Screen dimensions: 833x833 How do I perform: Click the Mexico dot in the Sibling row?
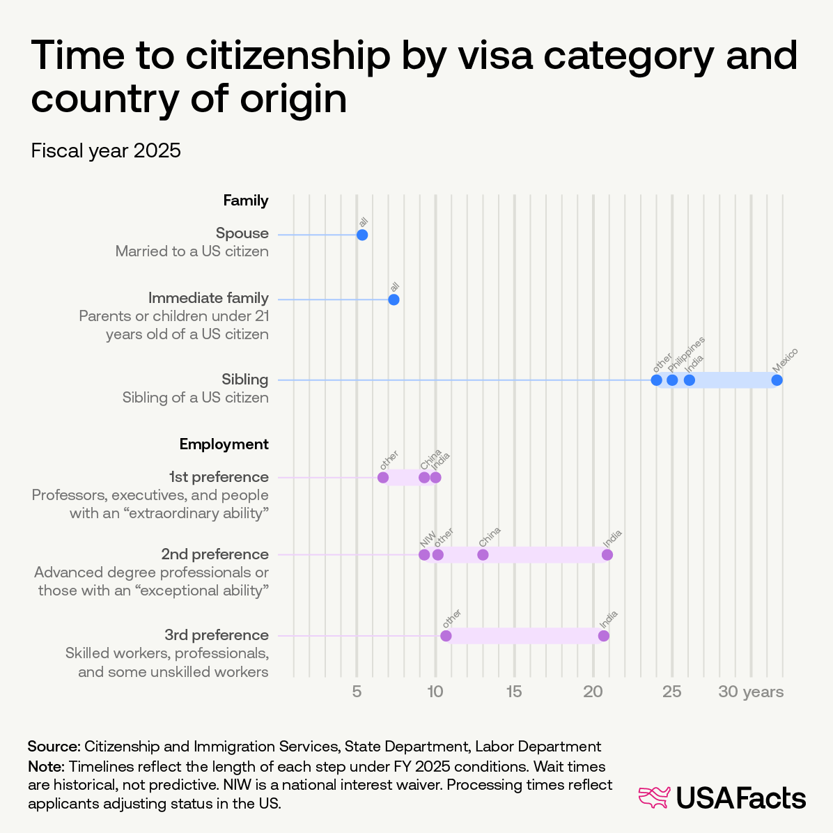click(x=777, y=380)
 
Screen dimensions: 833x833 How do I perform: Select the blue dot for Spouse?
click(x=362, y=235)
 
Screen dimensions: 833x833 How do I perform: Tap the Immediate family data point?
click(x=394, y=299)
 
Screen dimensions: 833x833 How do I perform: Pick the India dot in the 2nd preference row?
click(x=607, y=555)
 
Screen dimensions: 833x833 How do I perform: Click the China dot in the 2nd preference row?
click(x=483, y=555)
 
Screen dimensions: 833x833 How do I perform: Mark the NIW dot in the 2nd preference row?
click(x=424, y=555)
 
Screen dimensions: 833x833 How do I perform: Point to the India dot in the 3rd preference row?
click(x=604, y=636)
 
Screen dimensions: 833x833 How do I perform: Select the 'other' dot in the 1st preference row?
click(x=383, y=478)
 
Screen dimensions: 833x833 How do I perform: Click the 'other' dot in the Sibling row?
click(x=656, y=380)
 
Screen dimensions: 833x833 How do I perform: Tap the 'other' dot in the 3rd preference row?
click(x=446, y=636)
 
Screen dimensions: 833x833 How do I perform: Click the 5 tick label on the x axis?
click(x=357, y=692)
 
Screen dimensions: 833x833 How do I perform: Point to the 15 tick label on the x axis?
click(x=514, y=692)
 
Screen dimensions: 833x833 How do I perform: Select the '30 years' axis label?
click(x=751, y=692)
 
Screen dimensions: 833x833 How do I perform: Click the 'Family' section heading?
click(x=245, y=201)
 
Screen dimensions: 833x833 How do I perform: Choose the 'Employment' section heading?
click(x=224, y=444)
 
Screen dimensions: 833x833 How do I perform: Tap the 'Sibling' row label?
click(x=245, y=380)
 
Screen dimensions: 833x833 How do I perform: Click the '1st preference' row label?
click(x=219, y=477)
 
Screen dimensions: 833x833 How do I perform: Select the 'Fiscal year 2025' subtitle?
click(x=106, y=150)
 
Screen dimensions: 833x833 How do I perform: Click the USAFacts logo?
click(x=722, y=798)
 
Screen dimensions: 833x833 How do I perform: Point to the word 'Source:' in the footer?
click(x=54, y=747)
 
